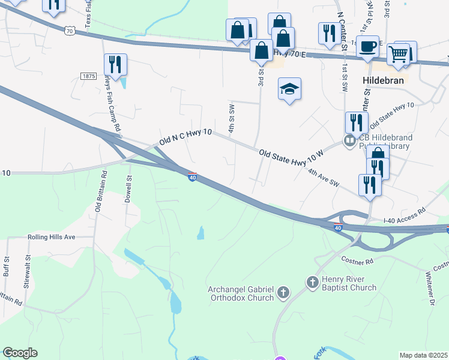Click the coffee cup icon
click(367, 46)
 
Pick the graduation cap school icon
click(289, 89)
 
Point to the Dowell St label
click(128, 189)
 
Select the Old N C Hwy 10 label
click(185, 138)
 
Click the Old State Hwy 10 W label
click(292, 154)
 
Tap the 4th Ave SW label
click(324, 177)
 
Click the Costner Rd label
click(357, 261)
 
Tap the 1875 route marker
click(88, 76)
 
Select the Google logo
click(20, 353)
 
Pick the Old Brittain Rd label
click(100, 191)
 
